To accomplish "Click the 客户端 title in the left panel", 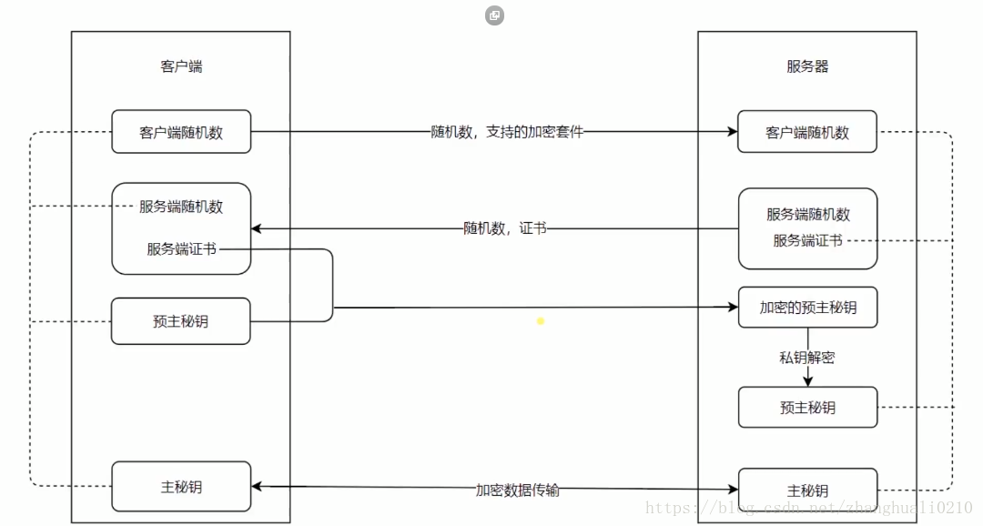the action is tap(181, 66).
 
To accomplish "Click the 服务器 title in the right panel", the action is tap(807, 66).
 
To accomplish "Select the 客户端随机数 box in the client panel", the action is tap(181, 132).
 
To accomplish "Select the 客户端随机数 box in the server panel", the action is tap(807, 132).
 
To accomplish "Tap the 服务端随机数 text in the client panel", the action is tap(181, 207).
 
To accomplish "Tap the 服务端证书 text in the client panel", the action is tap(181, 248).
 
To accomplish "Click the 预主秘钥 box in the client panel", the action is tap(181, 321).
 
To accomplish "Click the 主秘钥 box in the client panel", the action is tap(181, 487).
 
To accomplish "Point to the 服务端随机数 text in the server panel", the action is tap(807, 215).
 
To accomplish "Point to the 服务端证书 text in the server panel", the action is tap(807, 240).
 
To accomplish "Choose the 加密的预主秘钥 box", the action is tap(807, 308).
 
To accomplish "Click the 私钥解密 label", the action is tap(806, 358).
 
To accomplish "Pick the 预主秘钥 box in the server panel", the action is tap(807, 407).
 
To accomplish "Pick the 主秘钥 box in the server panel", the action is tap(807, 491).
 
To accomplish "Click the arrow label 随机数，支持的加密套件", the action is tap(507, 132).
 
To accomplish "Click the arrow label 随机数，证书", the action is tap(504, 228).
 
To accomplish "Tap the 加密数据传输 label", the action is tap(517, 490).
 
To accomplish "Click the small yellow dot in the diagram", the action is tap(540, 321).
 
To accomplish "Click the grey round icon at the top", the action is tap(494, 15).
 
